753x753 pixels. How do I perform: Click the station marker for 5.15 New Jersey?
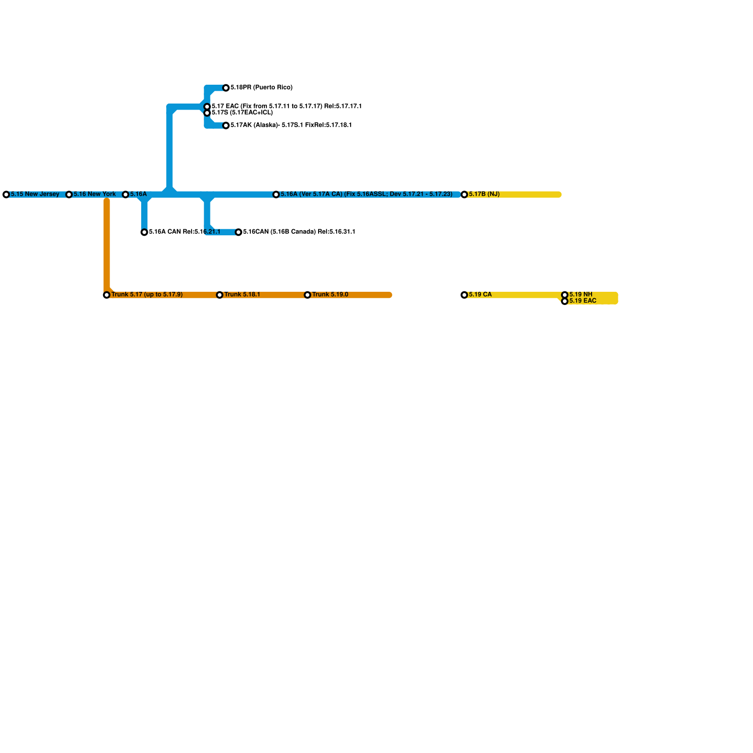tap(6, 194)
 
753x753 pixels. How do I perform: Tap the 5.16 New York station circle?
tap(69, 194)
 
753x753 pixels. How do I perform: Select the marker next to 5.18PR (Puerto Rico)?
tap(226, 88)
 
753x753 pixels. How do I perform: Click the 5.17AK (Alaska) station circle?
tap(226, 126)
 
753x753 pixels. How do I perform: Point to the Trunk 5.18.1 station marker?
tap(220, 295)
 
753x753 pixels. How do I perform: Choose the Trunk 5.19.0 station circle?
tap(308, 295)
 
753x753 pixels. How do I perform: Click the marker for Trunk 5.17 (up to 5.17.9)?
tap(107, 295)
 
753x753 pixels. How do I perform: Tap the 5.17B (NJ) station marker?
tap(465, 194)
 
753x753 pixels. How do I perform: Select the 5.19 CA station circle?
tap(465, 295)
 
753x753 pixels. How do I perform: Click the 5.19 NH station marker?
tap(565, 295)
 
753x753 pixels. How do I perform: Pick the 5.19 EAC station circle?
tap(565, 301)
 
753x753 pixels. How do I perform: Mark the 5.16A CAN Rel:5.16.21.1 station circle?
tap(144, 232)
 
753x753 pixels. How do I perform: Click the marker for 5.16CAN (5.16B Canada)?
tap(239, 232)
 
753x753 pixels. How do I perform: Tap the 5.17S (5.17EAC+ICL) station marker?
tap(207, 113)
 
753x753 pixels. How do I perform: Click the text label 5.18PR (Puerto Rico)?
tap(261, 88)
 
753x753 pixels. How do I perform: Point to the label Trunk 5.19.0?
tap(330, 295)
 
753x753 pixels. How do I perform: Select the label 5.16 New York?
tap(95, 194)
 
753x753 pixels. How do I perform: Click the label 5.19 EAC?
tap(583, 301)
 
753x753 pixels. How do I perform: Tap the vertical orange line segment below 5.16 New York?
tap(107, 245)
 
